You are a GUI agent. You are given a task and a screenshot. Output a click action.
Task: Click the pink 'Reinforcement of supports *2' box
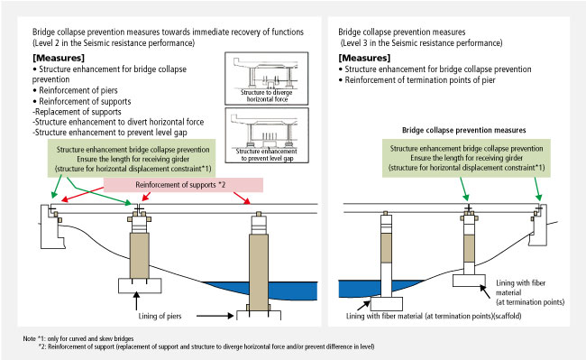coord(183,185)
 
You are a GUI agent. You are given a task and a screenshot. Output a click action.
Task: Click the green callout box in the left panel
coord(132,159)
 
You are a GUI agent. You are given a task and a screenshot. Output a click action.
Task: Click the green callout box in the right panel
coord(466,158)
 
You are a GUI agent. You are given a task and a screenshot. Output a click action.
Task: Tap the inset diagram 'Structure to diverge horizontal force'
coord(267,78)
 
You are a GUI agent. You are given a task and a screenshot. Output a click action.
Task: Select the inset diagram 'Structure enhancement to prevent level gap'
coord(267,135)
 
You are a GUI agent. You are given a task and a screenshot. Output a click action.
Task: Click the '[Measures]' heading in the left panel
coord(59,58)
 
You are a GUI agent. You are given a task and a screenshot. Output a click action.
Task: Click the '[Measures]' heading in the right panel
coord(364,58)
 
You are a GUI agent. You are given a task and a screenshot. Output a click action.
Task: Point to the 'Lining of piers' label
coord(160,316)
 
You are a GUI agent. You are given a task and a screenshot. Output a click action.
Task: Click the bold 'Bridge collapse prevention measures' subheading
coord(463,130)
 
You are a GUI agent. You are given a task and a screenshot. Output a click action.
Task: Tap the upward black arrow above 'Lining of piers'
coord(136,300)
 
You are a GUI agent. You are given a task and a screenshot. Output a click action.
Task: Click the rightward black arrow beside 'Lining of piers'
coord(215,316)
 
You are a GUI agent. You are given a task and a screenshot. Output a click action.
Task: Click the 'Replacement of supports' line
coord(77,112)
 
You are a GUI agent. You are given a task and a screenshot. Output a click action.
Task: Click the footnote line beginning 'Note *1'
coord(78,338)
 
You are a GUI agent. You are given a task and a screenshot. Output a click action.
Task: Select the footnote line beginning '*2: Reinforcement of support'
coord(206,346)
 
